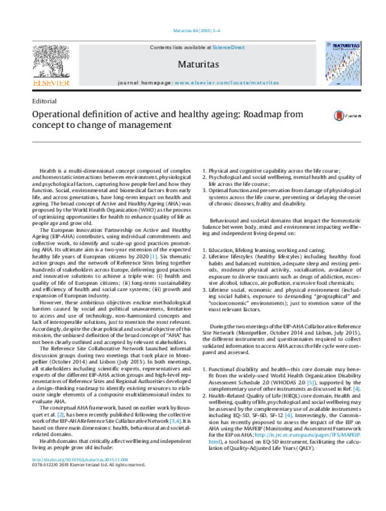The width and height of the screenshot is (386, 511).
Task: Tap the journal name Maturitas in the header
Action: click(193, 65)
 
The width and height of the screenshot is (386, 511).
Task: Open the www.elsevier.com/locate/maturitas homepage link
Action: click(228, 84)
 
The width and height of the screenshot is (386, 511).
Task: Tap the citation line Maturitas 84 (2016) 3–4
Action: click(193, 30)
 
